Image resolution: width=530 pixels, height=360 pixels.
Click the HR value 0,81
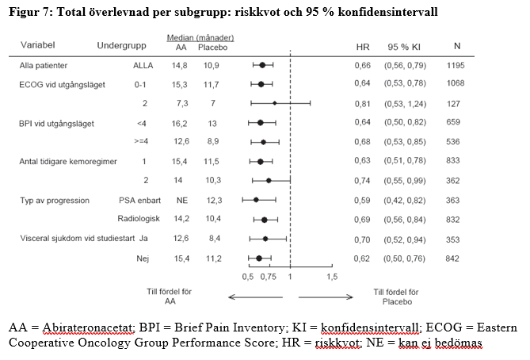(363, 103)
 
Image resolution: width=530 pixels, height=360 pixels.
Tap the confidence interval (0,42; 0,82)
(405, 200)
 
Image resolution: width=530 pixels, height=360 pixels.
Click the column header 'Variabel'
(39, 47)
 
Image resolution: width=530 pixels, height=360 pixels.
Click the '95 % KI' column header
(404, 47)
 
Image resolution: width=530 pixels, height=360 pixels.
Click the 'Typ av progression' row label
(55, 200)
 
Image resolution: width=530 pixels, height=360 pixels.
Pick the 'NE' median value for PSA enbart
(181, 200)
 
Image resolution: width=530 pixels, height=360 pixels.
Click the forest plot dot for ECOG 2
(275, 103)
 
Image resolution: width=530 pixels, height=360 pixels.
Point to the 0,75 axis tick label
(269, 277)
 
